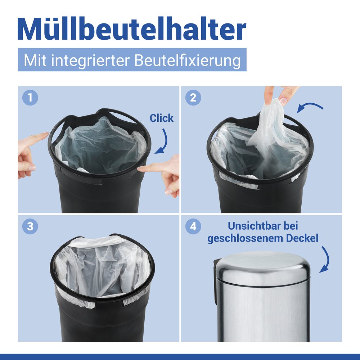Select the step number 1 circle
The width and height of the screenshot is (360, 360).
30,98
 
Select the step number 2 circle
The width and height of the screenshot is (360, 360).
193,98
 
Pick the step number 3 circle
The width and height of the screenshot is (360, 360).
30,226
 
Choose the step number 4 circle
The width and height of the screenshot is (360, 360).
193,226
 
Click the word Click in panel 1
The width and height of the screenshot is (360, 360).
161,118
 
